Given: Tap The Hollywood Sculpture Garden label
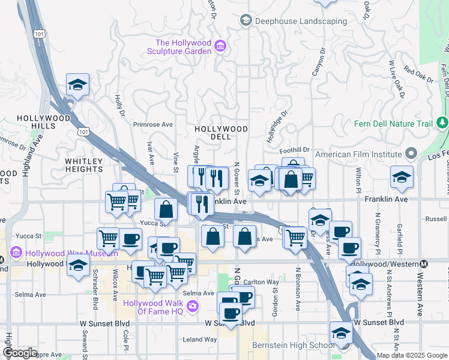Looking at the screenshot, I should (x=183, y=47).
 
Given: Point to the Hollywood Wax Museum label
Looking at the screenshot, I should (x=55, y=253).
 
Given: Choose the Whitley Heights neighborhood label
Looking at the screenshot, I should (x=84, y=166).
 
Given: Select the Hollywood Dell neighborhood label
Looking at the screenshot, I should (x=221, y=133).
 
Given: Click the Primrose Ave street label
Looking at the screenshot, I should (x=153, y=125).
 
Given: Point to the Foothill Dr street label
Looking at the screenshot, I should (x=297, y=150).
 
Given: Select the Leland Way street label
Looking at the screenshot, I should (x=200, y=339).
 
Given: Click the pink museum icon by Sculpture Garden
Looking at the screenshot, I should (x=220, y=46).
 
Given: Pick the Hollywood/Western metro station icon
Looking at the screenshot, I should (x=424, y=264).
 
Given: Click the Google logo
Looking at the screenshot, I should (x=20, y=353).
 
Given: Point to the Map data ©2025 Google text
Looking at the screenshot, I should (x=412, y=355).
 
